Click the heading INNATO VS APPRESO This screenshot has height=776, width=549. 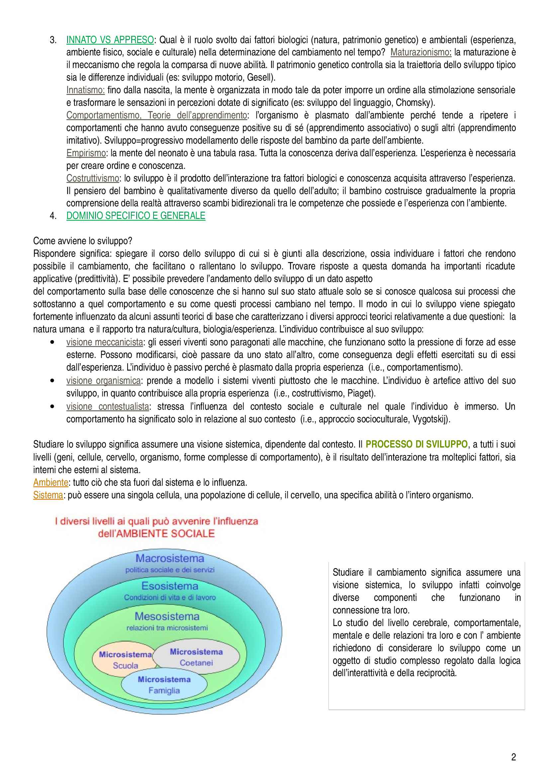pyautogui.click(x=110, y=40)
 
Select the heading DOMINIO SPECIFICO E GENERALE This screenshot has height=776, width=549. pyautogui.click(x=136, y=216)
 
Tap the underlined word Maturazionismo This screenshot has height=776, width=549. pyautogui.click(x=420, y=52)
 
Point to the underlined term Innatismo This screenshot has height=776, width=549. pyautogui.click(x=85, y=90)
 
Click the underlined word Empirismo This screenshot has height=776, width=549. pyautogui.click(x=86, y=153)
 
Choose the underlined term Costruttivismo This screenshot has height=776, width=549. pyautogui.click(x=92, y=178)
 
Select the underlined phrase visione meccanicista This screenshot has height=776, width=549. pyautogui.click(x=105, y=342)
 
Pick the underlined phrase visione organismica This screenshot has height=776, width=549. pyautogui.click(x=103, y=381)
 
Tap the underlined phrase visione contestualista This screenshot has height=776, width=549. pyautogui.click(x=108, y=407)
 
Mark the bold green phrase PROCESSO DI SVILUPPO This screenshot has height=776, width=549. pyautogui.click(x=416, y=445)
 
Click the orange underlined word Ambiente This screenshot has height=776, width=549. pyautogui.click(x=50, y=483)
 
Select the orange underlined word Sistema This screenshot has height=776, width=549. pyautogui.click(x=48, y=495)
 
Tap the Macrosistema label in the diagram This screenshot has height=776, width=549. pyautogui.click(x=170, y=559)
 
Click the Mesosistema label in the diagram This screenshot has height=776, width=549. pyautogui.click(x=167, y=616)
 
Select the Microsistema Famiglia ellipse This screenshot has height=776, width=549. pyautogui.click(x=164, y=685)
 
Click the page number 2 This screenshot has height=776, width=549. pyautogui.click(x=513, y=757)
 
